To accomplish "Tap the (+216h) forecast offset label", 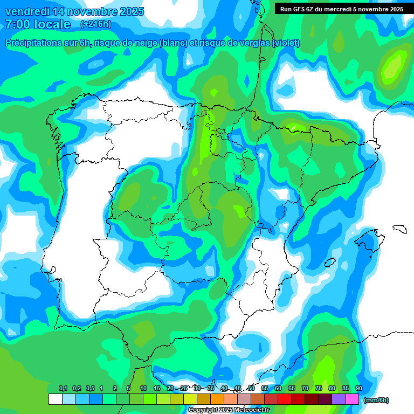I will pos(95,24).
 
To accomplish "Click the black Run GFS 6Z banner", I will pos(342,9).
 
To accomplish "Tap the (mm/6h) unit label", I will pos(376,399).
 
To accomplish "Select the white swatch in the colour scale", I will pos(55,399).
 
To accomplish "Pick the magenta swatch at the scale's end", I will pos(352,399).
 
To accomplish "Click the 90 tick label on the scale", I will pos(358,388).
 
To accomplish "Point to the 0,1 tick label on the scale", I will pos(63,388).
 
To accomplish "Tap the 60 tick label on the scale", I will pos(278,388).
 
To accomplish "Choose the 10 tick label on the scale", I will pos(143,388).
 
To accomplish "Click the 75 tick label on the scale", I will pos(318,388).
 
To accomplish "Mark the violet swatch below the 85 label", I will pos(339,399).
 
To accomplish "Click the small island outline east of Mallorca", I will pos(399,229).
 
